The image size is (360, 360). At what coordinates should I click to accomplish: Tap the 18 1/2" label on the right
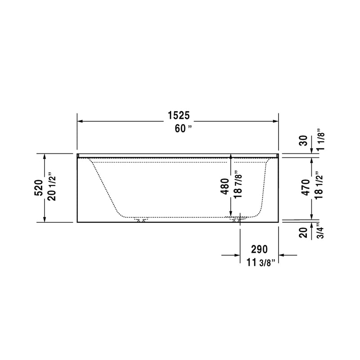(x=319, y=187)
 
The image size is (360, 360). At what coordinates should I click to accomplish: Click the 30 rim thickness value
(x=305, y=140)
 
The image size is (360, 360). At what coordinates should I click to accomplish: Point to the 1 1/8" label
(x=319, y=140)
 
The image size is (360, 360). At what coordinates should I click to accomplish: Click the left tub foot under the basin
(x=141, y=220)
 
